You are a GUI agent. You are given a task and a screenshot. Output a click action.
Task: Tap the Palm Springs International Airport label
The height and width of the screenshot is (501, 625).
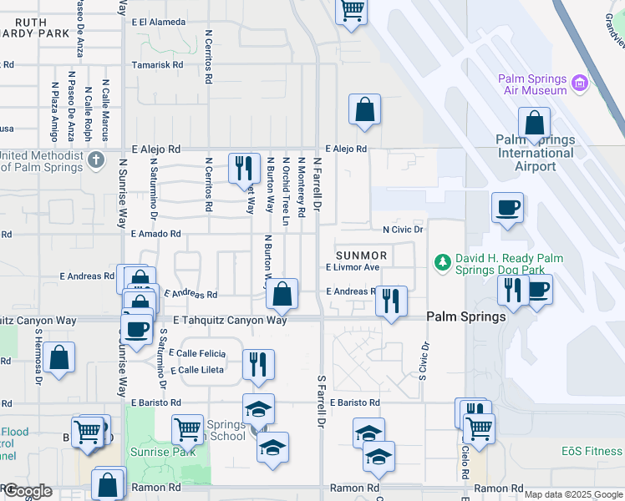click(x=535, y=153)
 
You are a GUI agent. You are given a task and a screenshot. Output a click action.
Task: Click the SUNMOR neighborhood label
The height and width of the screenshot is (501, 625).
click(x=362, y=255)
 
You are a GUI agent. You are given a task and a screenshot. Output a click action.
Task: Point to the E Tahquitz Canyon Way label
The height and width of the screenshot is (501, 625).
click(x=230, y=321)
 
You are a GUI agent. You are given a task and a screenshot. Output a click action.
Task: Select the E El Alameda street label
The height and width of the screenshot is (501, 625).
click(x=158, y=22)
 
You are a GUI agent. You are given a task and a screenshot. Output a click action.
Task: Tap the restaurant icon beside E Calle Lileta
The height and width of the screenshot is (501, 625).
click(x=258, y=364)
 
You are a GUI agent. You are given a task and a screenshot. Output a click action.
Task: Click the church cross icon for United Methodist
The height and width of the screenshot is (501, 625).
click(x=97, y=159)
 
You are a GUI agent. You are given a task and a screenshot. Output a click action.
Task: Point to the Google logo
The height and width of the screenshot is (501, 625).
click(x=27, y=491)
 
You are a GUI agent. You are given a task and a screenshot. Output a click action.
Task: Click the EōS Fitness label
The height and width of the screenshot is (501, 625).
click(x=592, y=452)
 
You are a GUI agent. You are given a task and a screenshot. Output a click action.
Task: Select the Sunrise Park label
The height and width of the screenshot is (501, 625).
click(x=150, y=452)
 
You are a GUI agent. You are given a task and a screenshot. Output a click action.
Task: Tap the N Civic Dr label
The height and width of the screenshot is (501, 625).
click(x=404, y=229)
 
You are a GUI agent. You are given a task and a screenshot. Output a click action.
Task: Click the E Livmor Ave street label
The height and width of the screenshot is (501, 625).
click(x=353, y=267)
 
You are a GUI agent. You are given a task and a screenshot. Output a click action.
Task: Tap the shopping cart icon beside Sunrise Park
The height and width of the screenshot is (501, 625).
click(x=187, y=429)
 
